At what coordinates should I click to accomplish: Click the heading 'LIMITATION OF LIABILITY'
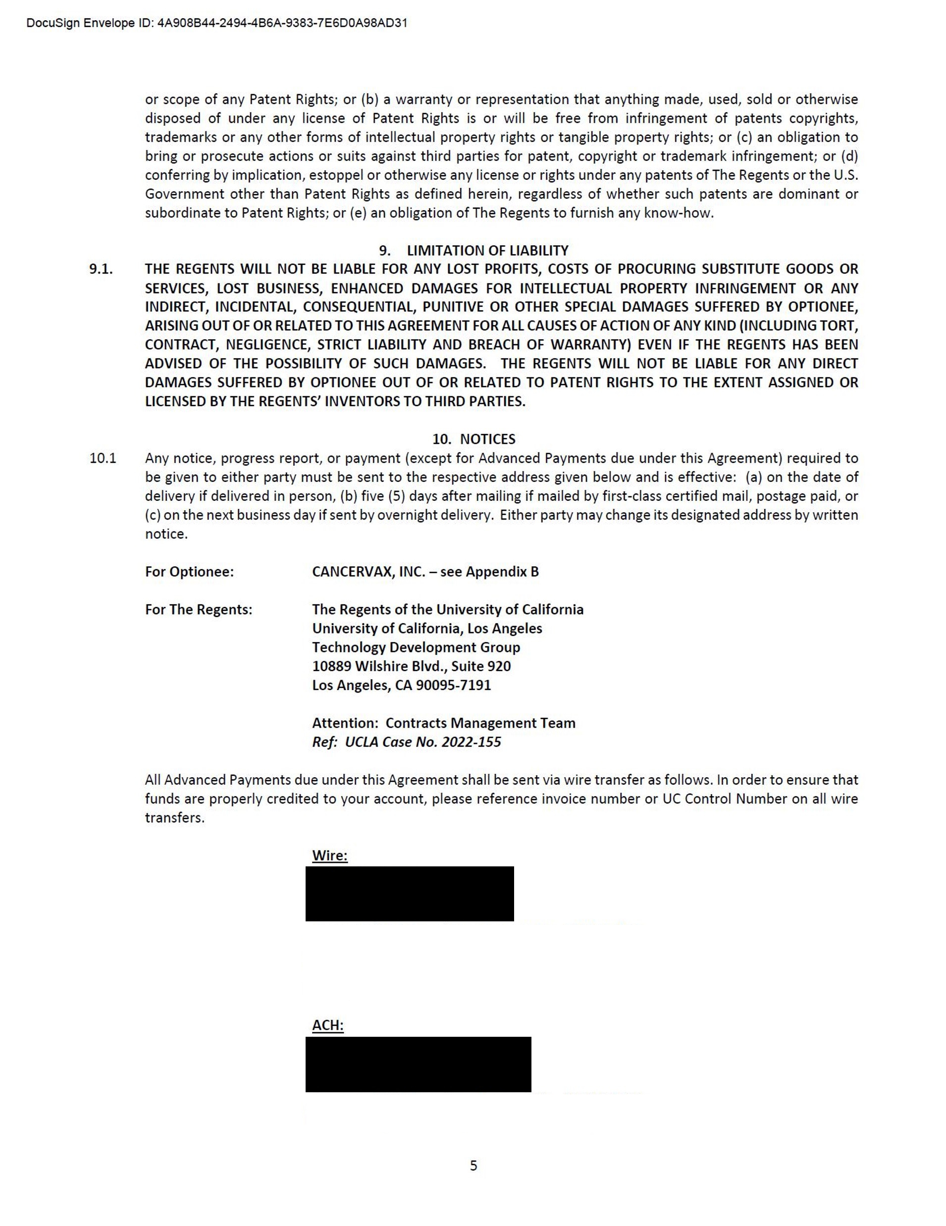click(x=487, y=250)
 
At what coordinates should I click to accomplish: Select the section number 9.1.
click(x=101, y=269)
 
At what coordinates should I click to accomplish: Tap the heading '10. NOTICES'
click(x=473, y=439)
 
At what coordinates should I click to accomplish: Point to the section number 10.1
click(x=103, y=458)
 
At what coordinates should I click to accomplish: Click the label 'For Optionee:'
click(x=189, y=572)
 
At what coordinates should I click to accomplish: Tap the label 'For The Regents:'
click(x=199, y=610)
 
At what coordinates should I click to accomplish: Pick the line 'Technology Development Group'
click(x=416, y=647)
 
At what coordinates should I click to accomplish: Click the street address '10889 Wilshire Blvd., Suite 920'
click(x=412, y=666)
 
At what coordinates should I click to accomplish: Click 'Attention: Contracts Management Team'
click(x=443, y=723)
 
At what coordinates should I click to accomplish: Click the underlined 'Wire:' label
click(x=329, y=855)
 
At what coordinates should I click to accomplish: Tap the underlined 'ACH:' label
click(x=328, y=1025)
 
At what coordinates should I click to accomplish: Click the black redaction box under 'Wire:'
click(x=409, y=894)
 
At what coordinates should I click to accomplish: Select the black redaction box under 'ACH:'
click(x=418, y=1065)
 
